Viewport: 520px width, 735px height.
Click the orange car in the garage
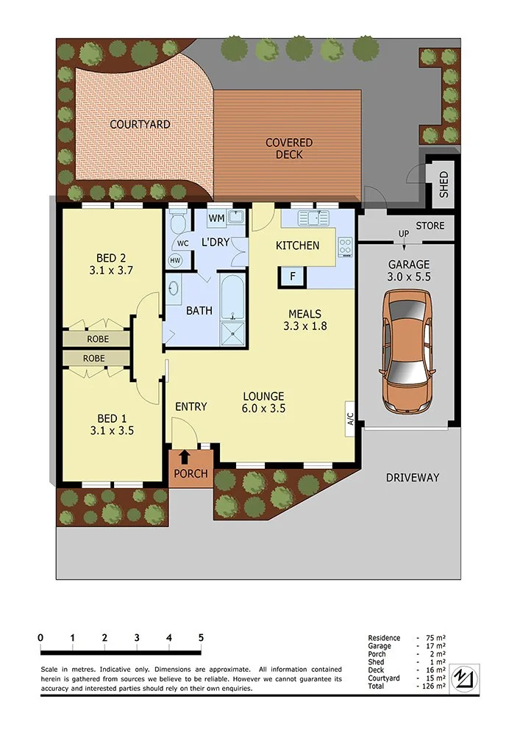pyautogui.click(x=407, y=351)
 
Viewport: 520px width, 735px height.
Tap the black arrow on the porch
pyautogui.click(x=185, y=456)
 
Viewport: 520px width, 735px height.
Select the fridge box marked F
pyautogui.click(x=293, y=276)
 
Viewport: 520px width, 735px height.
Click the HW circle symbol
pyautogui.click(x=175, y=260)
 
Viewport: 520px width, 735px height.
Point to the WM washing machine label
pyautogui.click(x=216, y=218)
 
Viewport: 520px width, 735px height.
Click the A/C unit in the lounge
pyautogui.click(x=350, y=419)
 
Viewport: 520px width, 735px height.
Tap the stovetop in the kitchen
pyautogui.click(x=345, y=246)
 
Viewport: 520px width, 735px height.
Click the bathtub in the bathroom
pyautogui.click(x=232, y=296)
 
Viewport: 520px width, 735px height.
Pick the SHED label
pyautogui.click(x=444, y=184)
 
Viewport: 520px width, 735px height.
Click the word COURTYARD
pyautogui.click(x=140, y=124)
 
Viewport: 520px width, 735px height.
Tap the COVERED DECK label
pyautogui.click(x=289, y=148)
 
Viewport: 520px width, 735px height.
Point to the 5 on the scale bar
pyautogui.click(x=201, y=637)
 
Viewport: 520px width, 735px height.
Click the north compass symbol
pyautogui.click(x=464, y=678)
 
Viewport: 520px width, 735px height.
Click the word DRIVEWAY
pyautogui.click(x=413, y=478)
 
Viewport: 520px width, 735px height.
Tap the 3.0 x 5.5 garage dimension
pyautogui.click(x=409, y=276)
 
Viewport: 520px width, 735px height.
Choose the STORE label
pyautogui.click(x=430, y=226)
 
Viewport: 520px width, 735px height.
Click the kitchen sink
pyautogui.click(x=313, y=218)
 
